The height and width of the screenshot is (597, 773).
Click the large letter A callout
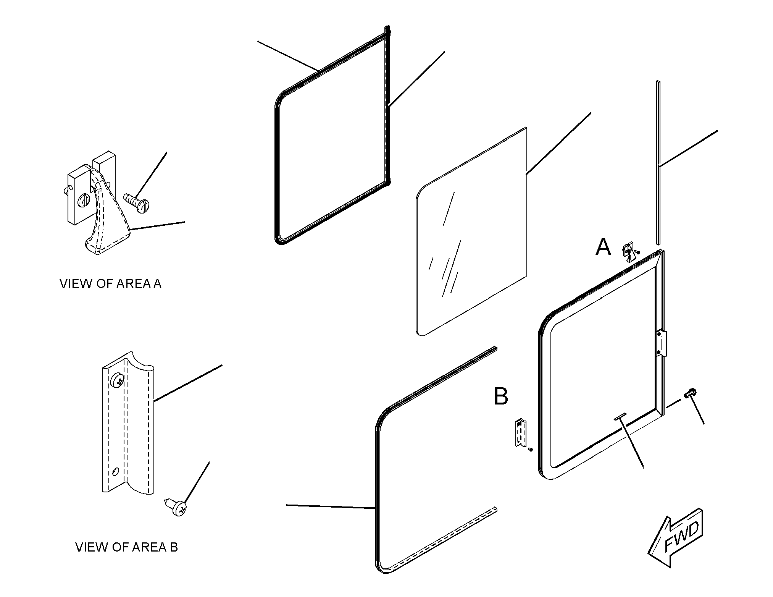[x=603, y=247]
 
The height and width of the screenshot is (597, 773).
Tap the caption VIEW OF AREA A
[x=110, y=284]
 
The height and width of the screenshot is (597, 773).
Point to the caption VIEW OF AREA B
[x=126, y=547]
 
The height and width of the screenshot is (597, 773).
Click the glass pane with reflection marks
[x=471, y=231]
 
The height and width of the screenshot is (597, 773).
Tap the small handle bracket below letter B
[x=521, y=432]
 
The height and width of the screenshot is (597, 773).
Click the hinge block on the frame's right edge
[x=662, y=344]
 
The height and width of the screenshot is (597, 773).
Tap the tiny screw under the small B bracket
[x=530, y=450]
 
